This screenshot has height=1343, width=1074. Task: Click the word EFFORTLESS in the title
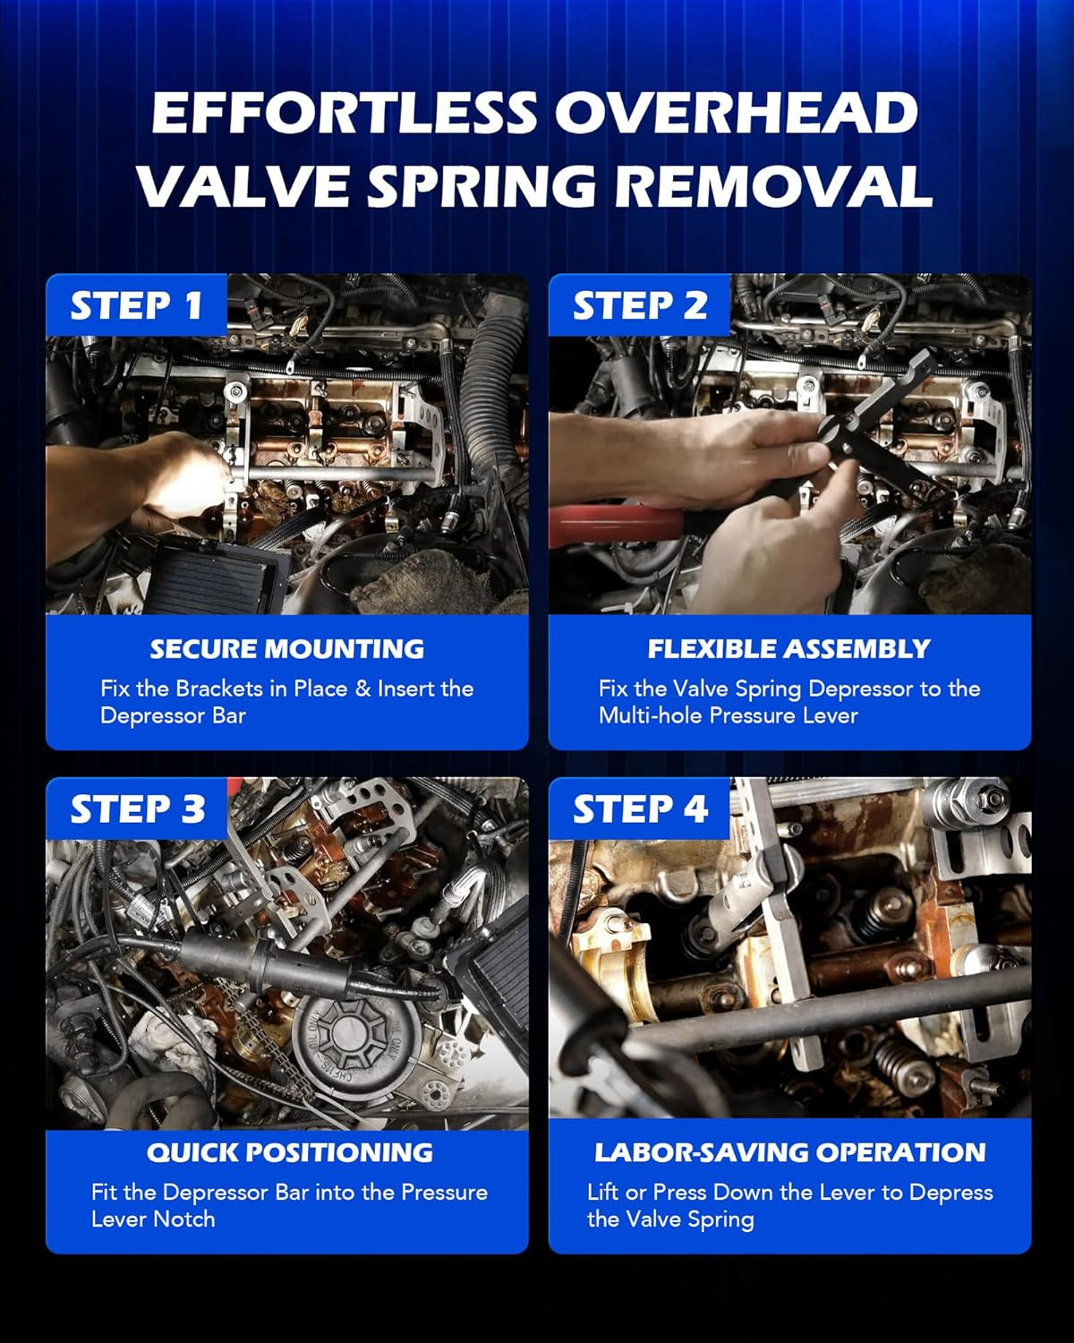344,113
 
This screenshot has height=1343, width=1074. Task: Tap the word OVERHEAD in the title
737,113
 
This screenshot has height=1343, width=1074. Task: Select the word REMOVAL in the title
774,186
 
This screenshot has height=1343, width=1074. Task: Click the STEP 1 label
136,306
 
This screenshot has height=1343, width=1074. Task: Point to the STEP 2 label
640,306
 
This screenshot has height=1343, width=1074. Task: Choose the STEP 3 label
137,809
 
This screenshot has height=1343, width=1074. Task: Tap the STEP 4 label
640,809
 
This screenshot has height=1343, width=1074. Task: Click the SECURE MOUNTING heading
287,649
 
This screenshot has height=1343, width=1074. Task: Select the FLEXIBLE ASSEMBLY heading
789,649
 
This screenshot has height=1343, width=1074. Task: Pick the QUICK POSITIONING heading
290,1152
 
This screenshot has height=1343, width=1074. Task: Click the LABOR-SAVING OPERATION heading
790,1152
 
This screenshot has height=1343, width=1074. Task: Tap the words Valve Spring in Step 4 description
690,1220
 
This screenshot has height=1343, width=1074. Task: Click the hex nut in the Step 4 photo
991,798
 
